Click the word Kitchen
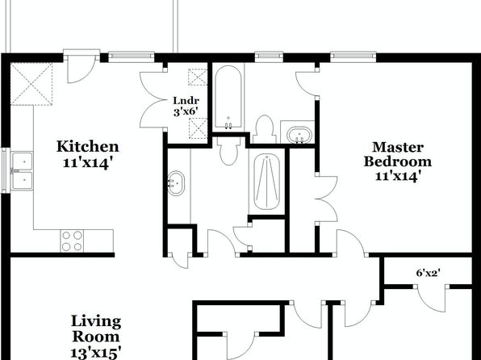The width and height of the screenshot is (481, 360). [x=87, y=146]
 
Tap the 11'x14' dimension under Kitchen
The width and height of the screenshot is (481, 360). [x=86, y=163]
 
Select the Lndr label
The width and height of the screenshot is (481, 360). [x=186, y=100]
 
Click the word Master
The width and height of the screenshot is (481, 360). [x=398, y=147]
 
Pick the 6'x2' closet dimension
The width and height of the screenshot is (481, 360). [x=429, y=273]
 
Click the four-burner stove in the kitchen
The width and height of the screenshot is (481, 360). [x=72, y=241]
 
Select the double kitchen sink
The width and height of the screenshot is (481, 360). [x=22, y=171]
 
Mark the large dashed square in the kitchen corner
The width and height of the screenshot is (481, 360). [x=31, y=84]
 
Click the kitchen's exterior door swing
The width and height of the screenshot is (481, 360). [x=82, y=69]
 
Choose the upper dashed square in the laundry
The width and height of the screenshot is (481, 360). [x=198, y=77]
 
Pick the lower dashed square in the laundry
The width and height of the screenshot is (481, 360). [x=198, y=128]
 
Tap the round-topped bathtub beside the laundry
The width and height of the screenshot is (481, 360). [x=228, y=97]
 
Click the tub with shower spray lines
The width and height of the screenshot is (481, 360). [x=267, y=182]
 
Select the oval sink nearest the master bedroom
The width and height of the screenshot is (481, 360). [x=299, y=135]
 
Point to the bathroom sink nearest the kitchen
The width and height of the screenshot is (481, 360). [x=176, y=183]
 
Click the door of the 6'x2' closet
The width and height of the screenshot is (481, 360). [x=431, y=299]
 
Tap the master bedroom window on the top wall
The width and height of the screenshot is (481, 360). [x=353, y=56]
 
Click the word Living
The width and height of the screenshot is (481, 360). [x=96, y=321]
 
